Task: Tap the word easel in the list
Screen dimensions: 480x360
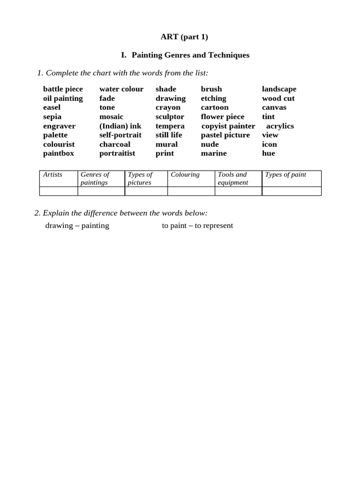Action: pos(52,107)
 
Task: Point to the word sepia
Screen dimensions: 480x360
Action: pos(52,117)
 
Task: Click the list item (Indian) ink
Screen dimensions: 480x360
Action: pos(120,126)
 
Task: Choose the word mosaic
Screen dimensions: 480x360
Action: pos(111,117)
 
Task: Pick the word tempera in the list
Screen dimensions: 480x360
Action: pos(170,126)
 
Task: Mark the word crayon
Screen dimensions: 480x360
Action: pos(168,107)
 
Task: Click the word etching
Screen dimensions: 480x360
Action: pos(213,98)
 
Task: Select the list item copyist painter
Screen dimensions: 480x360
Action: pos(228,126)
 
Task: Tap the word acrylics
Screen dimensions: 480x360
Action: pos(280,126)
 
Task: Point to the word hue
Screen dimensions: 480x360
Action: pos(268,153)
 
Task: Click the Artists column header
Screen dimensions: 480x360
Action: pos(52,174)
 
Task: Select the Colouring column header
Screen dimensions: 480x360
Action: pos(185,174)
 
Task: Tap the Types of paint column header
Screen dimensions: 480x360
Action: pos(285,174)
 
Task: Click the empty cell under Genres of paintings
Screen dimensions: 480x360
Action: pos(101,191)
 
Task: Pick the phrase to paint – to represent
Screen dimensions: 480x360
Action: pos(197,225)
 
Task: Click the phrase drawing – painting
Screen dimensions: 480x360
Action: pos(77,225)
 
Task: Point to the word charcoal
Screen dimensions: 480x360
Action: pos(114,144)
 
